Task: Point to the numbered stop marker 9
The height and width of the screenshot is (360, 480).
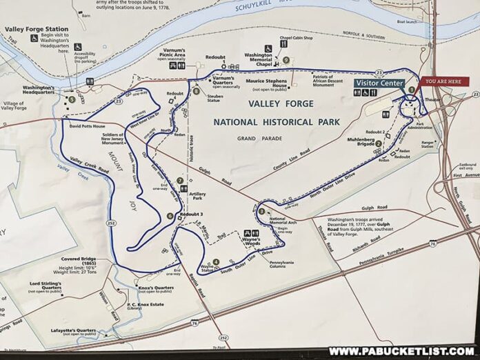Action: pyautogui.click(x=286, y=60)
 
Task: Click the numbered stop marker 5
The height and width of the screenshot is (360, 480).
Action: pyautogui.click(x=71, y=99)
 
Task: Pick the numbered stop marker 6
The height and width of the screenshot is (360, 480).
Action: pyautogui.click(x=170, y=216)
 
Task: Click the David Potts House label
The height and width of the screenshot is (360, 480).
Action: pyautogui.click(x=86, y=127)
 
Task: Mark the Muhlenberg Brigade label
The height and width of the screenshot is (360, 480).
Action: pyautogui.click(x=356, y=142)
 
